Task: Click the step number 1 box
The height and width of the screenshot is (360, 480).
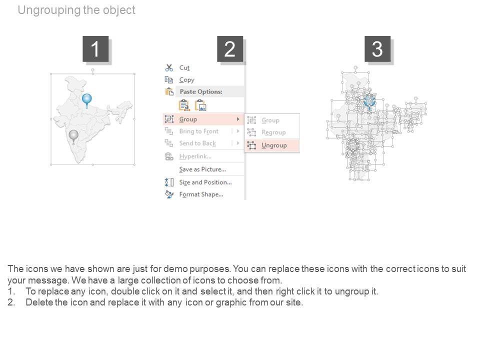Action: coord(95,49)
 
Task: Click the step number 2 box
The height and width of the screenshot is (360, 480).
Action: coord(230,49)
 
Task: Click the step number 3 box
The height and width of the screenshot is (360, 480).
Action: coord(377,49)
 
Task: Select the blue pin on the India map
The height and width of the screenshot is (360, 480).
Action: coord(87,100)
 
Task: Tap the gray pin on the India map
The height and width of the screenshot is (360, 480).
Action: coord(73,136)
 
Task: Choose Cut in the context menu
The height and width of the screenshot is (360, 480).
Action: coord(184,67)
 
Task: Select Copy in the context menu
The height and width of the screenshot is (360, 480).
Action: coord(186,80)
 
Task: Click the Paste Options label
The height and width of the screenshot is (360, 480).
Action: coord(201,91)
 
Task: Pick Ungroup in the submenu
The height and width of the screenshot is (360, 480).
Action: coord(274,145)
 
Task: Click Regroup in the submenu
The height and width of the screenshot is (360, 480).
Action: coord(273,132)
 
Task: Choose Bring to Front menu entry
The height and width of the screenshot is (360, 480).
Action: coord(199,131)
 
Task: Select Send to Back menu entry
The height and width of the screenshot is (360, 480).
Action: coord(197,143)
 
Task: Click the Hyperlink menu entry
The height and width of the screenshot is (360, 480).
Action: coord(195,156)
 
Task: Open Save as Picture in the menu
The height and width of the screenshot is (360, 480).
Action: coord(202,169)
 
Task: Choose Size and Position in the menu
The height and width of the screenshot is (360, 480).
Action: coord(205,182)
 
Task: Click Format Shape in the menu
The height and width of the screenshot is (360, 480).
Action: coord(201,194)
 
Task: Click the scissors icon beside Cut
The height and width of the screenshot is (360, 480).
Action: coord(169,67)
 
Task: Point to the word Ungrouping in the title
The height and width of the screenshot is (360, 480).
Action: coord(49,10)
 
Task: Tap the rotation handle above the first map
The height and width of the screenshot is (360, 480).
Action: coord(93,70)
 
